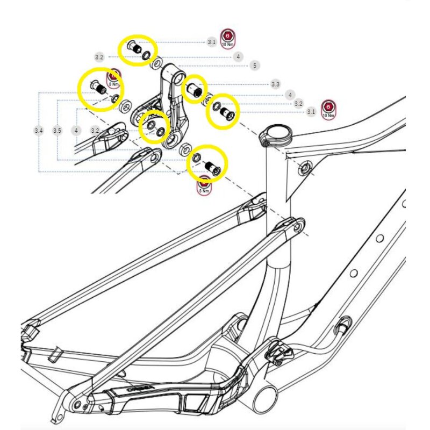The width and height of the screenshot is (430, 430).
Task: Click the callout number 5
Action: point(254,66)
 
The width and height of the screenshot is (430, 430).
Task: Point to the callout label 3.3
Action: point(275,84)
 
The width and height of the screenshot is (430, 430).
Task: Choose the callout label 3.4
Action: point(38,131)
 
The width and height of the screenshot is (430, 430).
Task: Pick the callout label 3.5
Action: point(58,131)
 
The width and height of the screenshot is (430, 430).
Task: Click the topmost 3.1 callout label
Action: point(212,42)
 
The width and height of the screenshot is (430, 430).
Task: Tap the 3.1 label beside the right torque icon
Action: point(311,112)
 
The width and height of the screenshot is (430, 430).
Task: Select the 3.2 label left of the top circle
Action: point(99,56)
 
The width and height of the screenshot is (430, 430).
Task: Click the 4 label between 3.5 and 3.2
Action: point(77,131)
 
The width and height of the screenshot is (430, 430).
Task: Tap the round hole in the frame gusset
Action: point(305,168)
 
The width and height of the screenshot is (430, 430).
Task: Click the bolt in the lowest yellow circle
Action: point(211,166)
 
